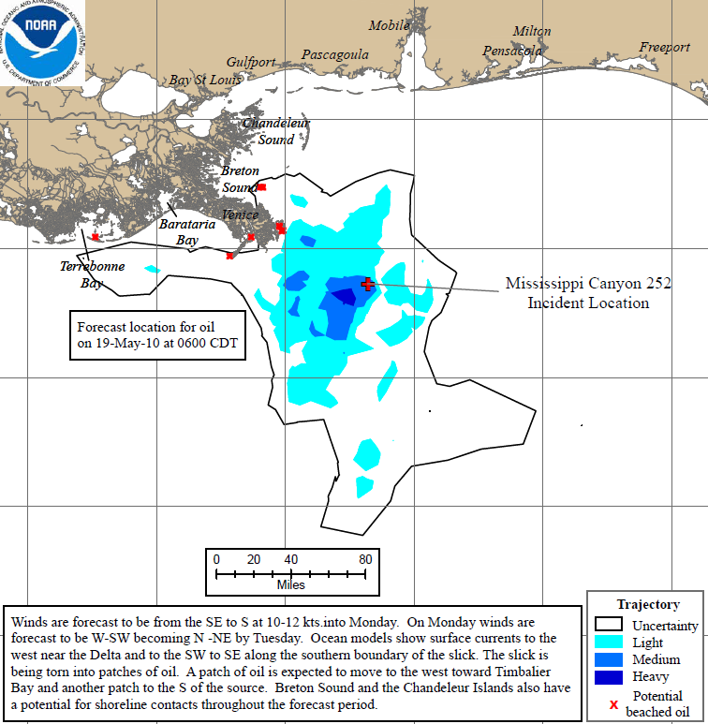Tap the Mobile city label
[x=389, y=25]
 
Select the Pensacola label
[x=512, y=51]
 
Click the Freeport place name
[x=664, y=48]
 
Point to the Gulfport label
[x=251, y=62]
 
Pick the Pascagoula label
[x=335, y=55]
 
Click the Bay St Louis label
[x=205, y=81]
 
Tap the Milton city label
[x=532, y=32]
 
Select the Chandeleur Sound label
[x=276, y=131]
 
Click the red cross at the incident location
[x=367, y=284]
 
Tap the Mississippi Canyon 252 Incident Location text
[x=587, y=292]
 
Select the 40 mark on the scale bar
[x=291, y=559]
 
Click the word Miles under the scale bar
[x=290, y=584]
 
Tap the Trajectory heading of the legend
[x=648, y=604]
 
